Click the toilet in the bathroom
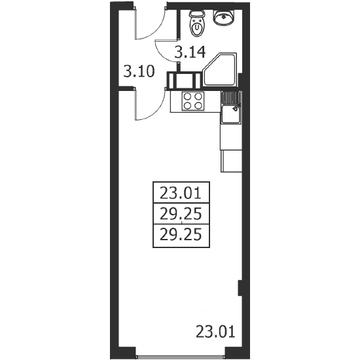[x=197, y=23]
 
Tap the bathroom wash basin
[x=224, y=18]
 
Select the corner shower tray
[x=220, y=70]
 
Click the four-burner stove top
[x=193, y=101]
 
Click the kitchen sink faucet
[x=236, y=106]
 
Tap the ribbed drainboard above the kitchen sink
[x=231, y=97]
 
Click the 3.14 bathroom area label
[x=190, y=52]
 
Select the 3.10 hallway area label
[x=139, y=71]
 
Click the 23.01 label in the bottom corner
[x=215, y=332]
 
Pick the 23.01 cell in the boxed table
[x=181, y=192]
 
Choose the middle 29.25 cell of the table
[x=181, y=213]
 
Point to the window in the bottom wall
[x=180, y=357]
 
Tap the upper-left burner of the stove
[x=188, y=96]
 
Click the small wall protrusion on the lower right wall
[x=240, y=288]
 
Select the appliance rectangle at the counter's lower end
[x=231, y=161]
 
